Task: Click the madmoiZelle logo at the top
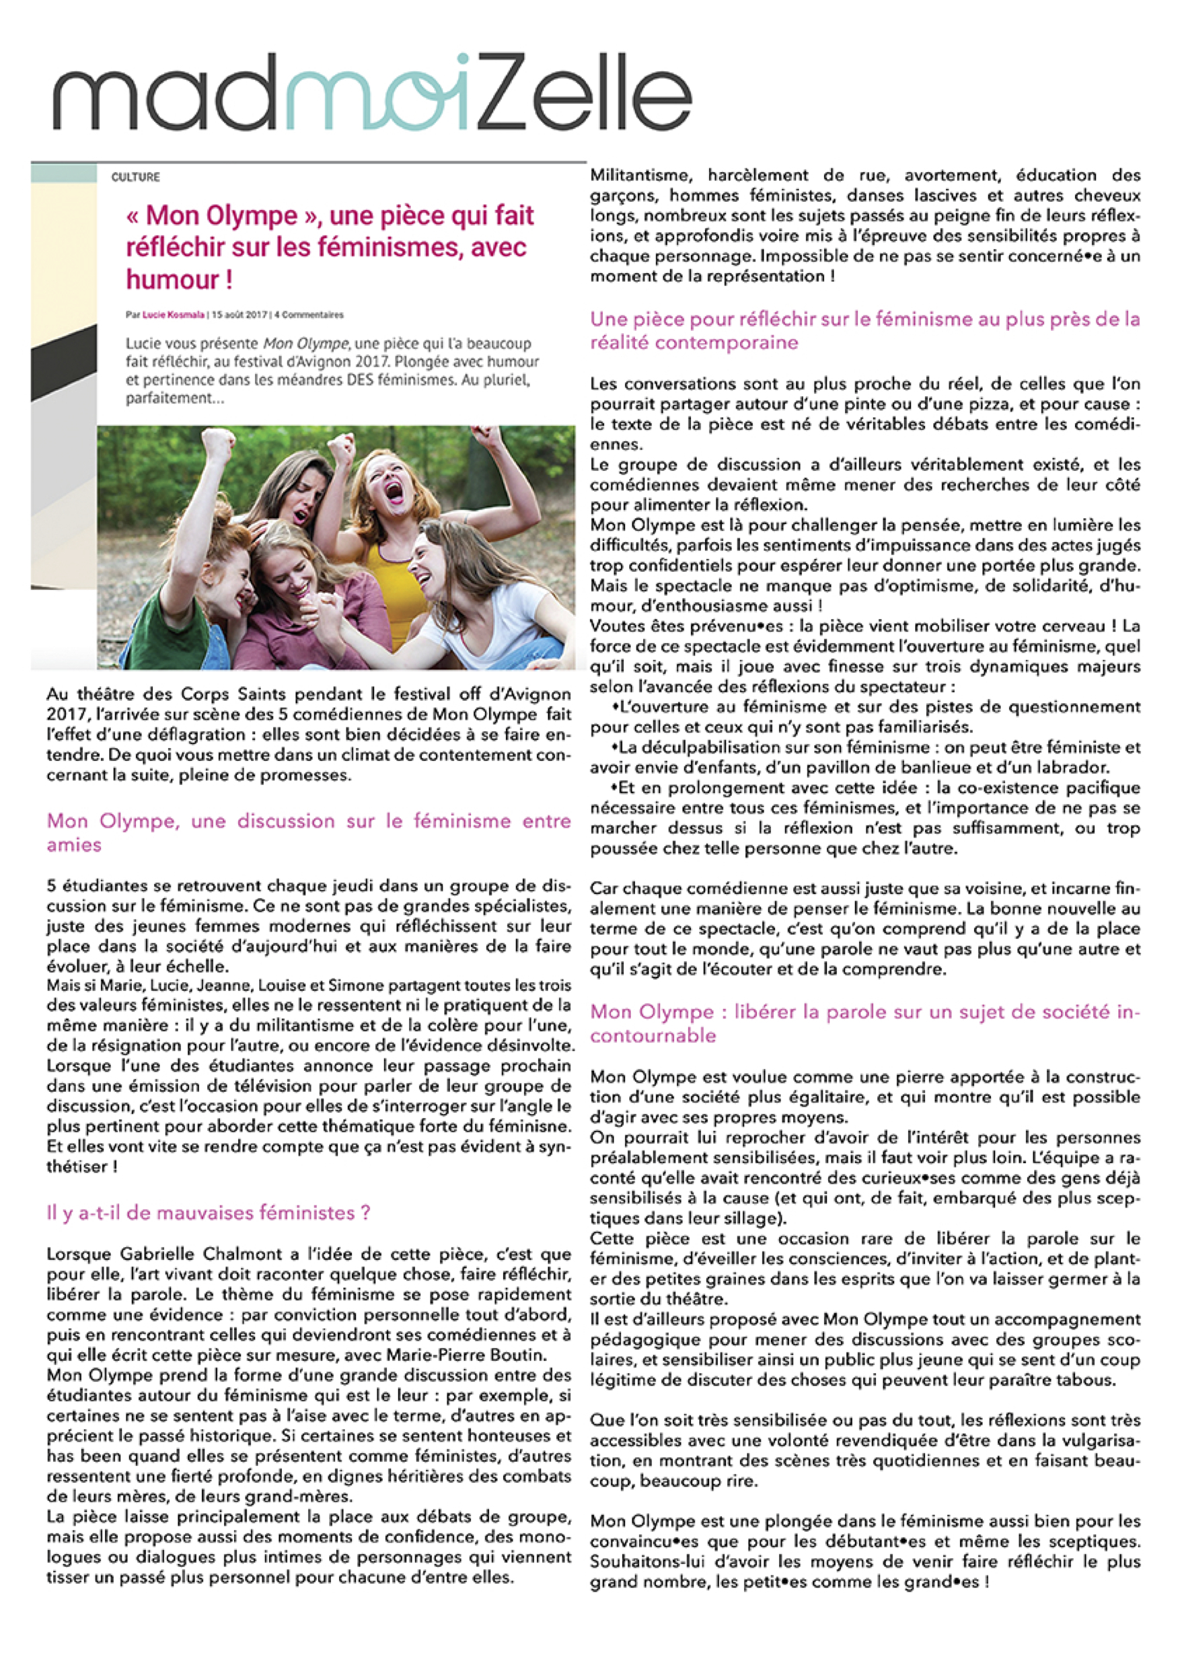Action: [x=371, y=92]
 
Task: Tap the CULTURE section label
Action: [x=135, y=177]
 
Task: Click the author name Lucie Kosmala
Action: [x=173, y=315]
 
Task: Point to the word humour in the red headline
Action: [x=172, y=279]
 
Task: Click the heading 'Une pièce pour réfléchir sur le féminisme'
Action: [x=864, y=330]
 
